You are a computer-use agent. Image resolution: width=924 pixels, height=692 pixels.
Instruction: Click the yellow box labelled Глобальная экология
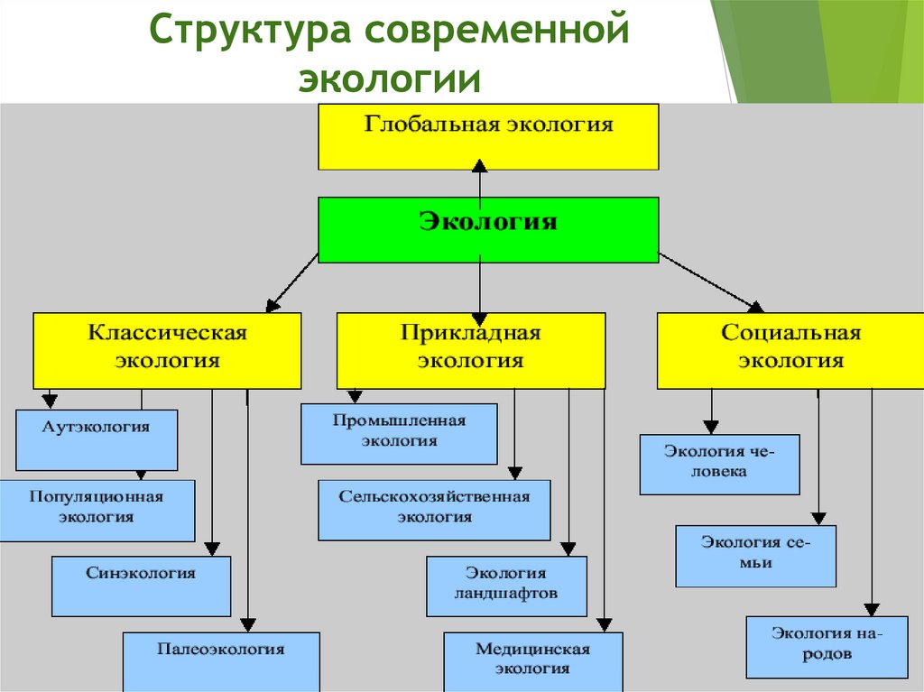point(488,136)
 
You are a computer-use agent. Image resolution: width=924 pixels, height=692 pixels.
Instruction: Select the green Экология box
point(488,230)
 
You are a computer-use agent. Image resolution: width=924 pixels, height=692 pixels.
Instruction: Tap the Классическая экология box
point(167,351)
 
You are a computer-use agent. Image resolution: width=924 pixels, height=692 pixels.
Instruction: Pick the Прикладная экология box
point(470,351)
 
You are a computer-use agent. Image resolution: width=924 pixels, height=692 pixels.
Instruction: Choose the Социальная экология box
point(790,351)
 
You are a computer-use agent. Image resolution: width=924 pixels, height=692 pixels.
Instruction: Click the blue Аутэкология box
point(97,439)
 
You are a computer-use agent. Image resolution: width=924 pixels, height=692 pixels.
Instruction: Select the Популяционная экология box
point(97,510)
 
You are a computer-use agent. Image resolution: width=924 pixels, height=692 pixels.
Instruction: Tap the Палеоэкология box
point(221,660)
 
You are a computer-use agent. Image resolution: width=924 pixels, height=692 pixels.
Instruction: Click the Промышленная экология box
point(399,433)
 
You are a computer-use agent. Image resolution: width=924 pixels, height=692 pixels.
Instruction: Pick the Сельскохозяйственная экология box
point(434,510)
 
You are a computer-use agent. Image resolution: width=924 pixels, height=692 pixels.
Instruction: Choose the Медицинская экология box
point(532,660)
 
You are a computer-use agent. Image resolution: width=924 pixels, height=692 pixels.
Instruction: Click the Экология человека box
point(719,464)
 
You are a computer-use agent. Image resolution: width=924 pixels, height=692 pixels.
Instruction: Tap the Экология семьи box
point(755,556)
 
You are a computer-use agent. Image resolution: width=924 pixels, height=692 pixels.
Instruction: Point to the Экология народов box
point(827,646)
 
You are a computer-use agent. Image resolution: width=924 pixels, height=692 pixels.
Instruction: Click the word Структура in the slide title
point(250,32)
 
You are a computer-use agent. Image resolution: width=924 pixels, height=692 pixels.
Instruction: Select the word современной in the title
point(497,32)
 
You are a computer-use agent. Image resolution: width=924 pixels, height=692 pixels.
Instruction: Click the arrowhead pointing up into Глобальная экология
point(480,166)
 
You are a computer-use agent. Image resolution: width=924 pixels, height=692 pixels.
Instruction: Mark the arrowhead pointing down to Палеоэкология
point(247,624)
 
